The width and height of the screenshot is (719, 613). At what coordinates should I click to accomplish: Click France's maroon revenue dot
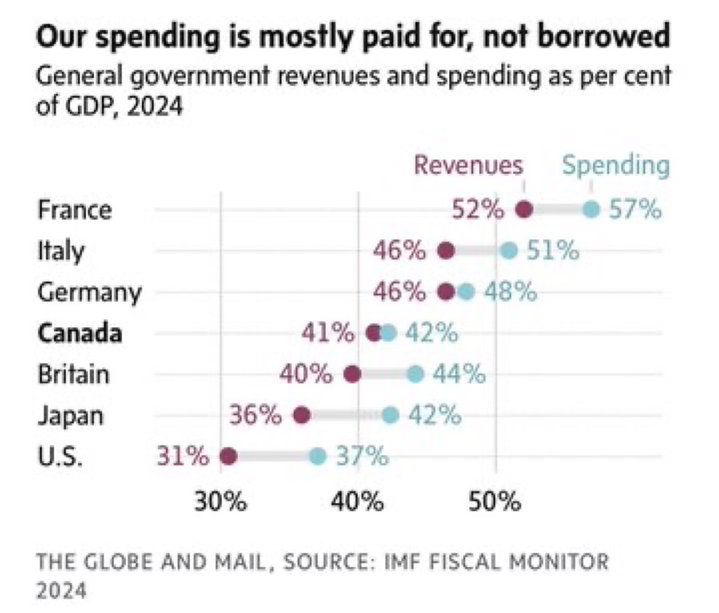[x=524, y=210]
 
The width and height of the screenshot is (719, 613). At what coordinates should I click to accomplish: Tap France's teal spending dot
[x=591, y=210]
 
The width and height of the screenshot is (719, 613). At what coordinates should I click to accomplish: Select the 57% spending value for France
[x=635, y=210]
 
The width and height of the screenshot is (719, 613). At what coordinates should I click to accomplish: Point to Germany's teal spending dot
[x=466, y=292]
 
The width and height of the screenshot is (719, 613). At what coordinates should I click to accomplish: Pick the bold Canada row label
[x=79, y=334]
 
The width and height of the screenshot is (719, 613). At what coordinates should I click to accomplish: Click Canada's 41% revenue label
[x=328, y=334]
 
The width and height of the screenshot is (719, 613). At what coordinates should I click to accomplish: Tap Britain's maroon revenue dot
[x=352, y=374]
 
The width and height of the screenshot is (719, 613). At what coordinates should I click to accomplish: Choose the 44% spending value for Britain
[x=459, y=374]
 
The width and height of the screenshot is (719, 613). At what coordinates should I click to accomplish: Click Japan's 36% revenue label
[x=256, y=416]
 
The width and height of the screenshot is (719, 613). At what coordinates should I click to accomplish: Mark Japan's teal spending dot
[x=390, y=416]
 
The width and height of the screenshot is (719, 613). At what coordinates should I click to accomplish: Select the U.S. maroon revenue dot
[x=228, y=456]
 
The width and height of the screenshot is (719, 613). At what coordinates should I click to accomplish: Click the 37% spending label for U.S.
[x=362, y=456]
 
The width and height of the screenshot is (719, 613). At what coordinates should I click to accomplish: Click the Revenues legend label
[x=468, y=165]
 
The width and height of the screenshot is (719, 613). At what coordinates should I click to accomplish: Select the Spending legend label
[x=616, y=165]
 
